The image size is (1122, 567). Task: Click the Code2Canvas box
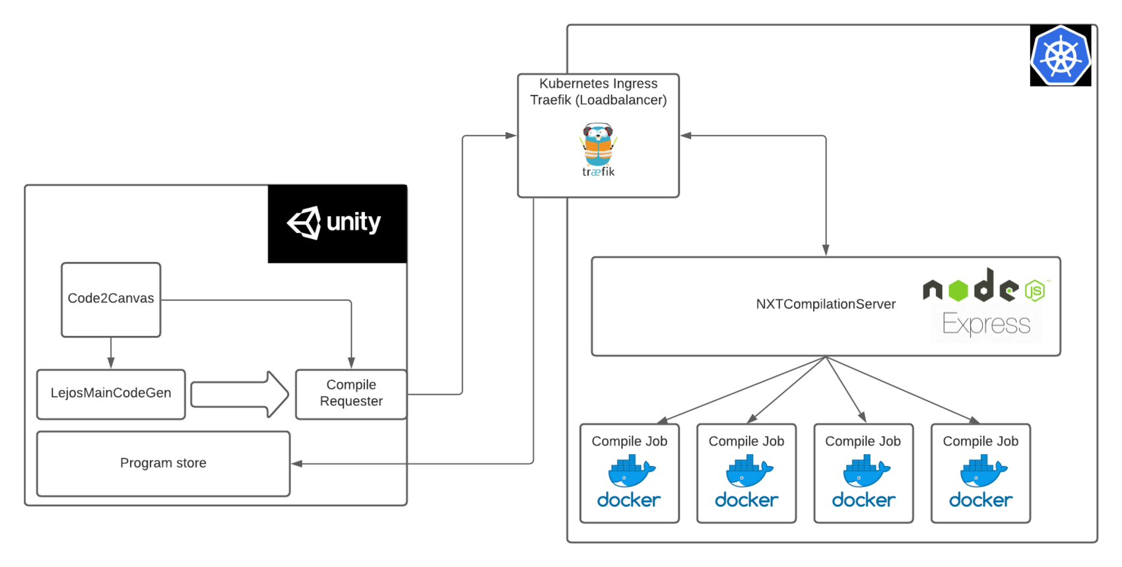tap(111, 299)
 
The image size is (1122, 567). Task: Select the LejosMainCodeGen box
tap(111, 393)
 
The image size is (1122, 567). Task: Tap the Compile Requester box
tap(350, 393)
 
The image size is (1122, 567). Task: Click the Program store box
tap(163, 463)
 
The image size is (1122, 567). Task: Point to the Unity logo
tap(335, 222)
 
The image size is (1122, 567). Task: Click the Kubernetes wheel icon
tap(1060, 56)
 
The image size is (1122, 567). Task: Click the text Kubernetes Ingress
tap(598, 84)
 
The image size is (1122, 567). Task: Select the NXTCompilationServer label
tap(825, 304)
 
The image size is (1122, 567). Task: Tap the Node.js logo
tap(985, 288)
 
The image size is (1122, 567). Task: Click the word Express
tap(986, 324)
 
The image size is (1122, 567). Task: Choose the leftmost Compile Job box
tap(629, 473)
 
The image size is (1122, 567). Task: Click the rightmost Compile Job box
tap(980, 473)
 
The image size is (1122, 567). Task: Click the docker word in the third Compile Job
tap(863, 500)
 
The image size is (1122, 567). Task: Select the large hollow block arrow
tap(239, 394)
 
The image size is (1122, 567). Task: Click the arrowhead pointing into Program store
tap(297, 463)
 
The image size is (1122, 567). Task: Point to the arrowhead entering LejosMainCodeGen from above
tap(111, 362)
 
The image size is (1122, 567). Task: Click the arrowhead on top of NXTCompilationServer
tap(825, 250)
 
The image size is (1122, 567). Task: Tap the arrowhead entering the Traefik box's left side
tap(511, 135)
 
